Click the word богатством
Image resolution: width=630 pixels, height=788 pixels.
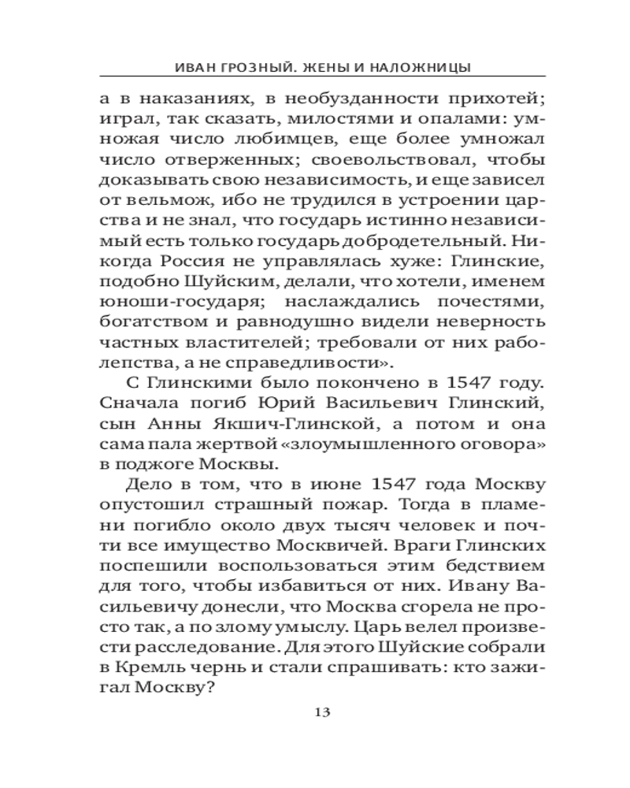[x=146, y=322]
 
